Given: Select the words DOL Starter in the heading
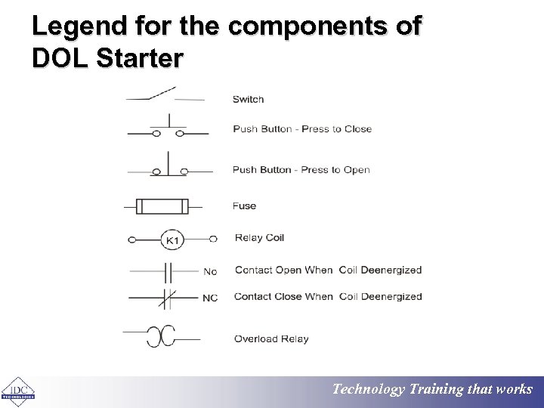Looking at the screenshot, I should click(x=107, y=58).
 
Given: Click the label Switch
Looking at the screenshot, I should click(x=248, y=99).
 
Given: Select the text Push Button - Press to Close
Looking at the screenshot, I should click(x=302, y=129).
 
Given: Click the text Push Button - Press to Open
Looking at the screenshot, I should click(x=301, y=170).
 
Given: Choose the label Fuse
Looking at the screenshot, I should click(x=244, y=206).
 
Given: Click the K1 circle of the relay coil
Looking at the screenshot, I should click(x=172, y=240).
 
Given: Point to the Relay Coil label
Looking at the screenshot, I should click(x=259, y=238).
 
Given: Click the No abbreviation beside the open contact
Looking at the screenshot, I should click(x=210, y=271).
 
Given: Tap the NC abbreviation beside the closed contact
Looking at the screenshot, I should click(x=209, y=298).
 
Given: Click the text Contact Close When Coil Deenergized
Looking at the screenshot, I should click(x=328, y=297).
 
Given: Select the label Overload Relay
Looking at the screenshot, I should click(x=271, y=339).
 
